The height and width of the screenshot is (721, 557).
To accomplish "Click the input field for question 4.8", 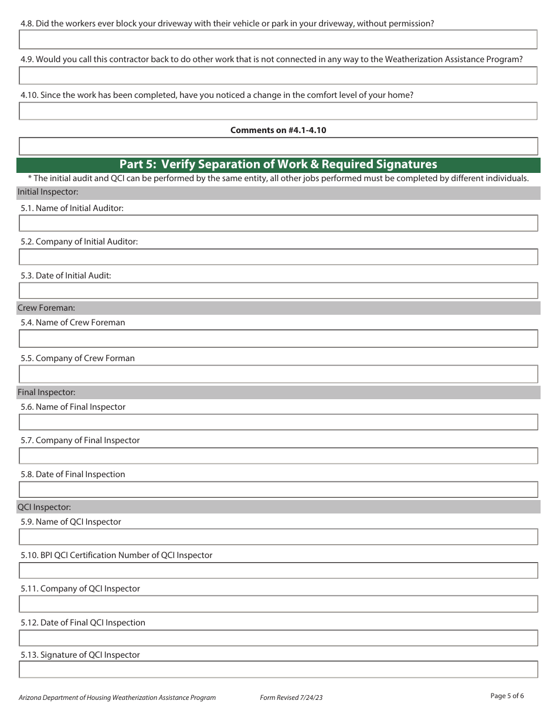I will pos(278,39).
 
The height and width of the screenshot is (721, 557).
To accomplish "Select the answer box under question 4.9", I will pos(278,76).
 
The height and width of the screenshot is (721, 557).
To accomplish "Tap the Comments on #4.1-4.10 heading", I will pos(278,130).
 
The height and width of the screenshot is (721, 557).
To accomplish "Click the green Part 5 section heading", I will pos(278,164).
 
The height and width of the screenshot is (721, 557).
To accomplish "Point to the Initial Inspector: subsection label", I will pos(48,192).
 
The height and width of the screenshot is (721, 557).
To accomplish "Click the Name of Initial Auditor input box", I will pos(278,223).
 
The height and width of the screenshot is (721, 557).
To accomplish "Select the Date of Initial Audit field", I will pos(278,291).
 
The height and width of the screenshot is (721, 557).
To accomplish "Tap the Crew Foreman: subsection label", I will pos(46,308).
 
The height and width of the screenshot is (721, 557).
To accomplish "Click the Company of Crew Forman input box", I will pos(278,374).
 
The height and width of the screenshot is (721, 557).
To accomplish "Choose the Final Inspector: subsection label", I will pos(46,392).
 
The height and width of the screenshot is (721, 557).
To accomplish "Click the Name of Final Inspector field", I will pos(278,422).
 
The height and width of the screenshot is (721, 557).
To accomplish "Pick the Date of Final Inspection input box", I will pos(278,489).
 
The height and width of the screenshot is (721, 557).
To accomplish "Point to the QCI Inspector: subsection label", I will pos(45,507).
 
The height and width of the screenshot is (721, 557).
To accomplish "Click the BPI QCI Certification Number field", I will pos(278,570).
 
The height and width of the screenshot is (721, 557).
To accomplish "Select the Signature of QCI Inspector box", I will pos(278,670).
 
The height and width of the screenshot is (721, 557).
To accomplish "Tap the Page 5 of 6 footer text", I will pos(507,696).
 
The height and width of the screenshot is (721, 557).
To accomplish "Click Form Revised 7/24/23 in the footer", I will pos(291,698).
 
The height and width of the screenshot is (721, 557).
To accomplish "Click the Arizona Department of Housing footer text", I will pos(117,698).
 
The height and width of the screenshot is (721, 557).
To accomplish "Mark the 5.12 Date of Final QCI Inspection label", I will pos(83,623).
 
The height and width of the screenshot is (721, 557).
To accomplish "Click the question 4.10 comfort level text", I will pos(217,95).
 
